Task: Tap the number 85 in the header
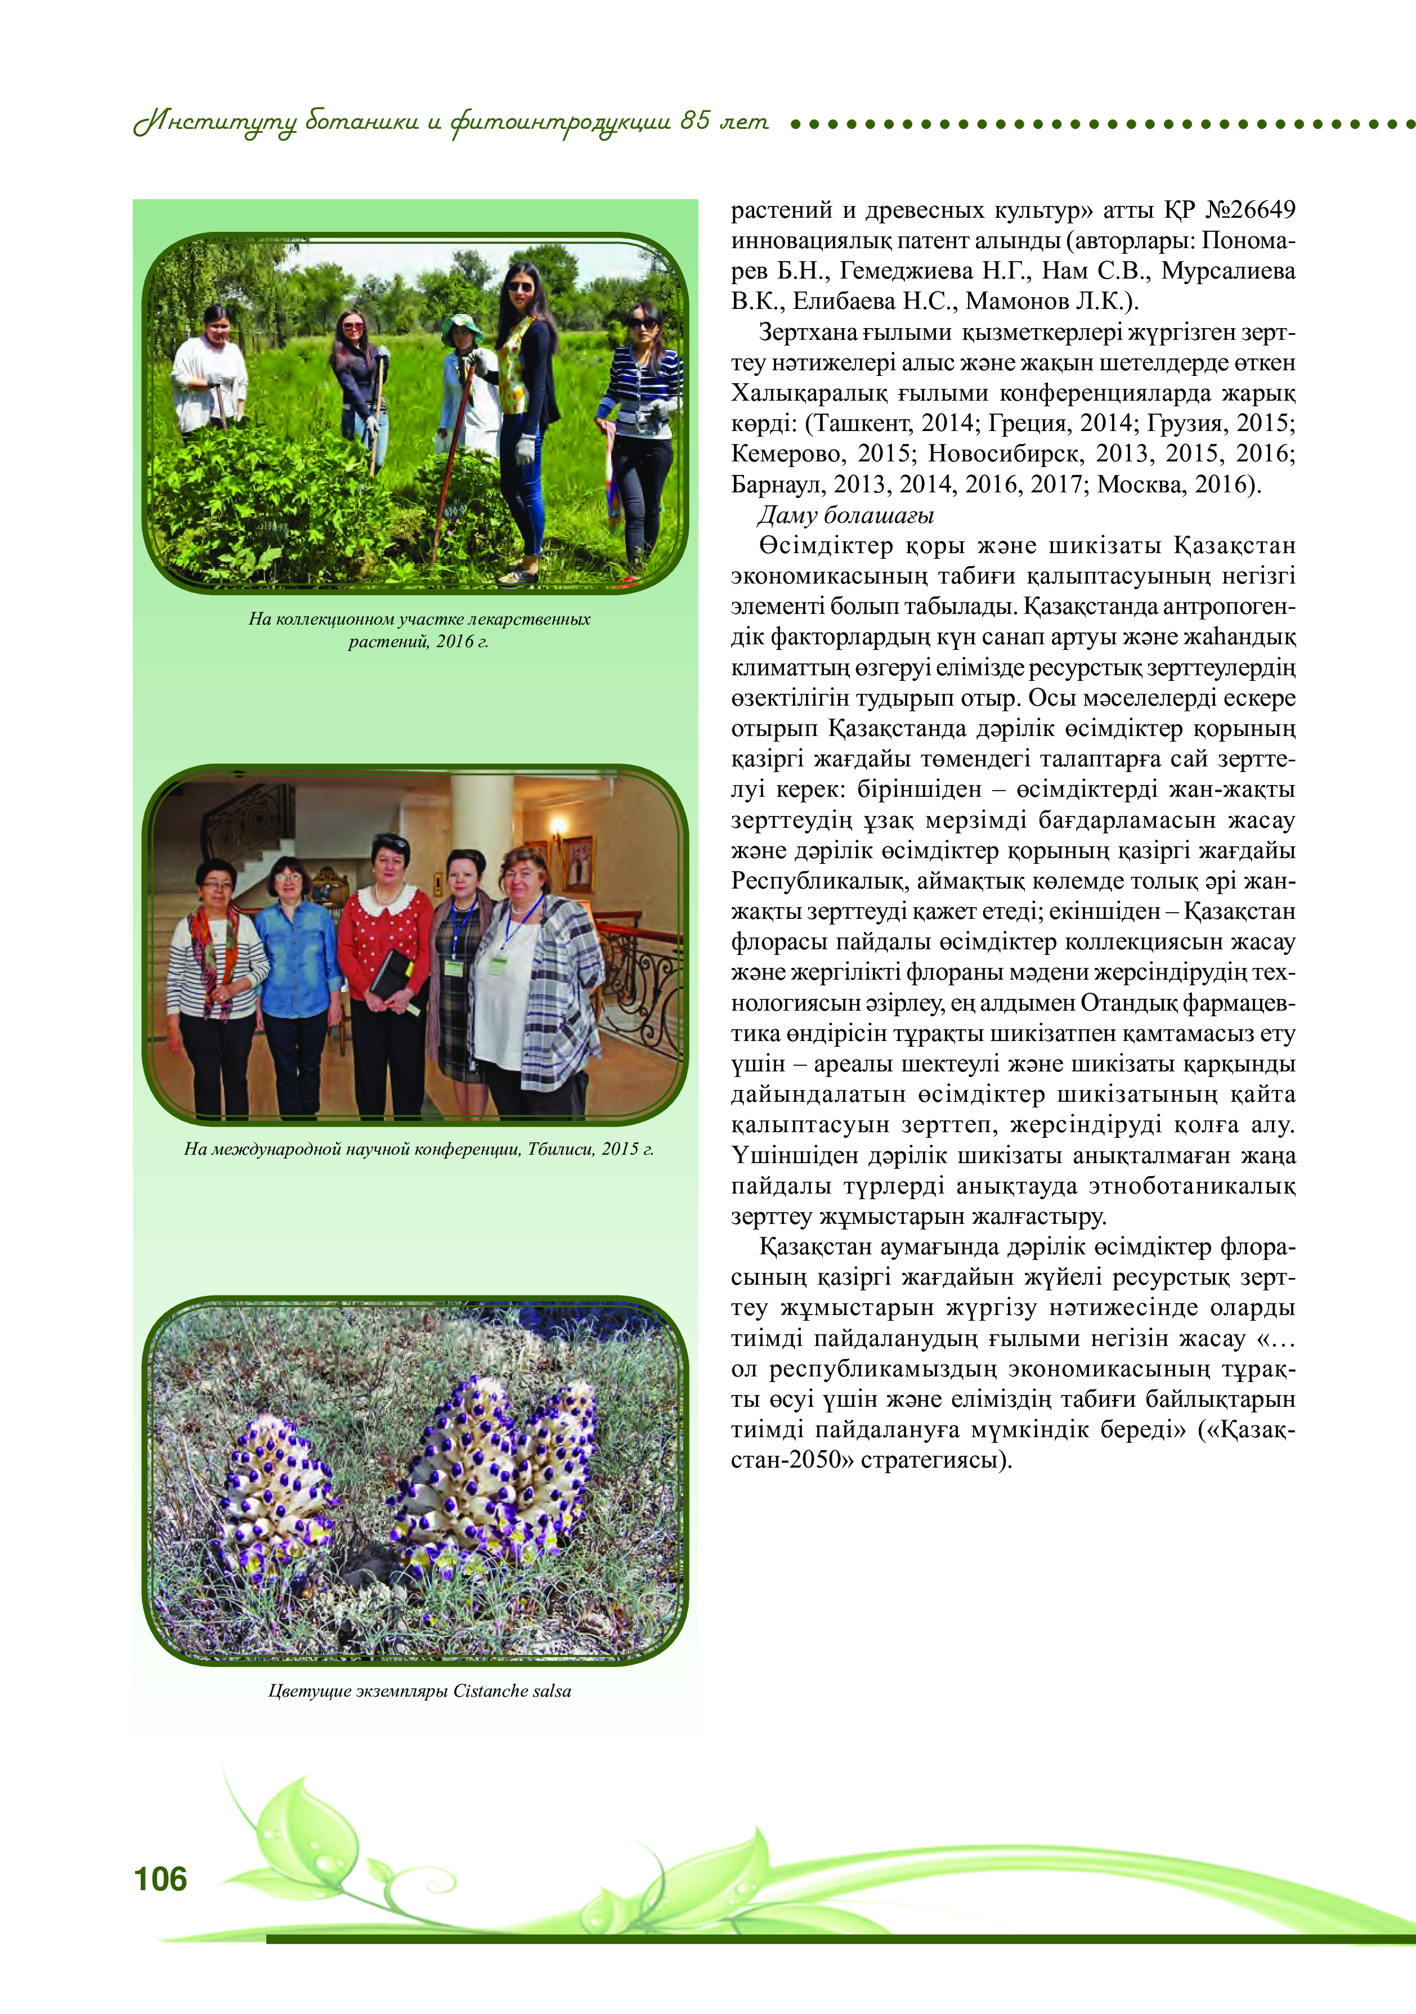(x=695, y=120)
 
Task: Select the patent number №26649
(x=1250, y=210)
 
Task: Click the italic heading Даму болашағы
(x=845, y=515)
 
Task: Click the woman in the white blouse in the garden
(x=210, y=377)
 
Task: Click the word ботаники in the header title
(x=361, y=122)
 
